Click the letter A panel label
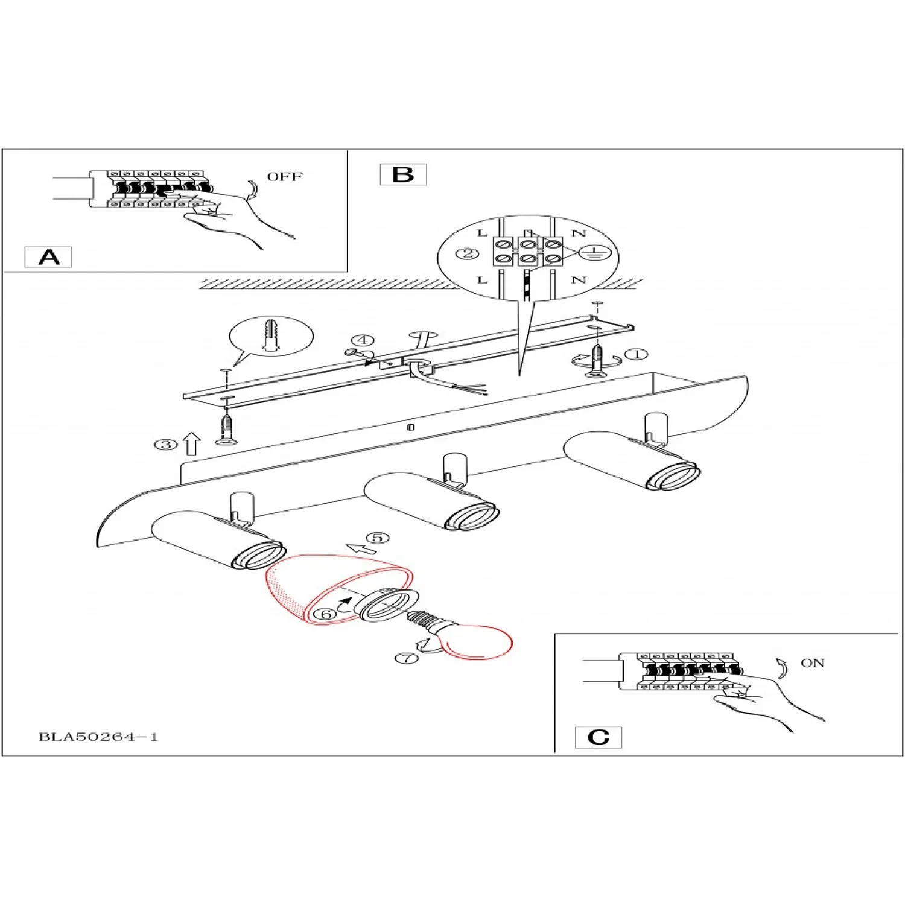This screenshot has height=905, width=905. (48, 257)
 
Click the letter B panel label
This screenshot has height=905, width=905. (403, 174)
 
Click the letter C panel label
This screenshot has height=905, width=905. (598, 737)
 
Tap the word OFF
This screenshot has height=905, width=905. (285, 177)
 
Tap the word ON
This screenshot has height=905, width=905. (812, 663)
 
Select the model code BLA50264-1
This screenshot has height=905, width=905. (98, 737)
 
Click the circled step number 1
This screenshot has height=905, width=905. (636, 354)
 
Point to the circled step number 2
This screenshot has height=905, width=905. (467, 253)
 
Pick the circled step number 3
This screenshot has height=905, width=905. (166, 445)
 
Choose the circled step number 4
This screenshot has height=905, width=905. (362, 340)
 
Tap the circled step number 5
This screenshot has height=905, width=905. (378, 538)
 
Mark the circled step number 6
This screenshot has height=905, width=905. (326, 614)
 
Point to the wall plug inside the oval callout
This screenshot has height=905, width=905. (270, 335)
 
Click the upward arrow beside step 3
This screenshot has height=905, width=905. (192, 444)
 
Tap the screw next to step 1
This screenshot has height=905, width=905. (597, 360)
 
